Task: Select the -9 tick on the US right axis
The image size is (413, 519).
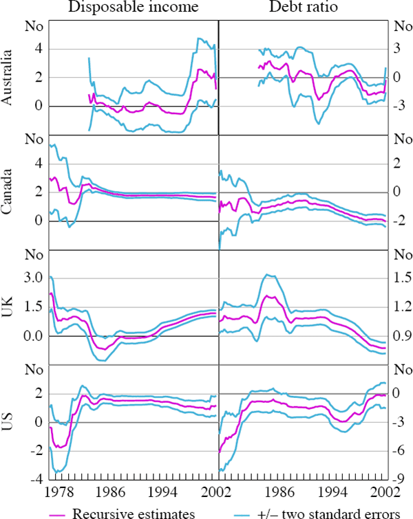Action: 399,479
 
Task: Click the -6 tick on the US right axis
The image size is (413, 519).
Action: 399,450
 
